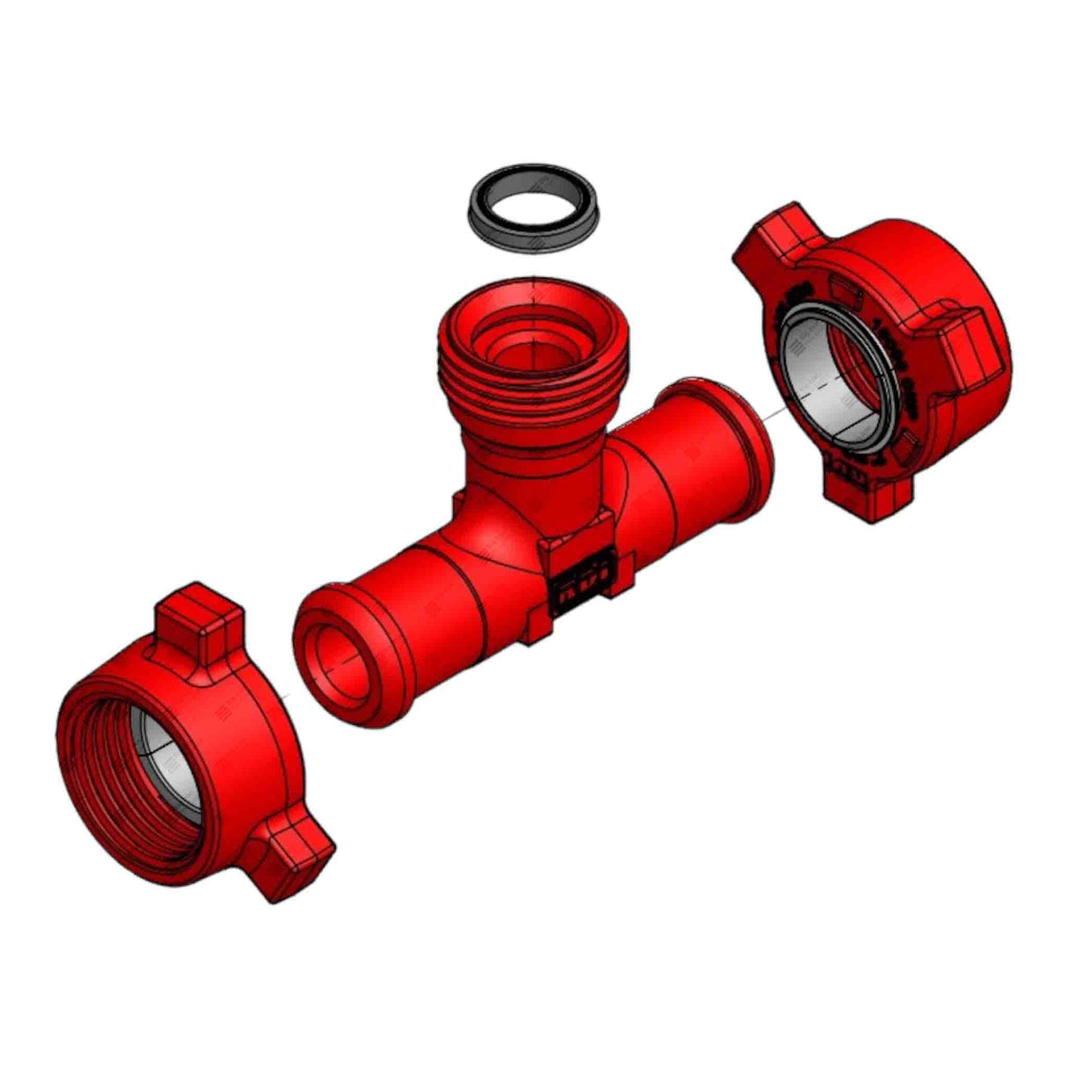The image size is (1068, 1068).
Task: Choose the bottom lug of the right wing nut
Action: click(x=867, y=497)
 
